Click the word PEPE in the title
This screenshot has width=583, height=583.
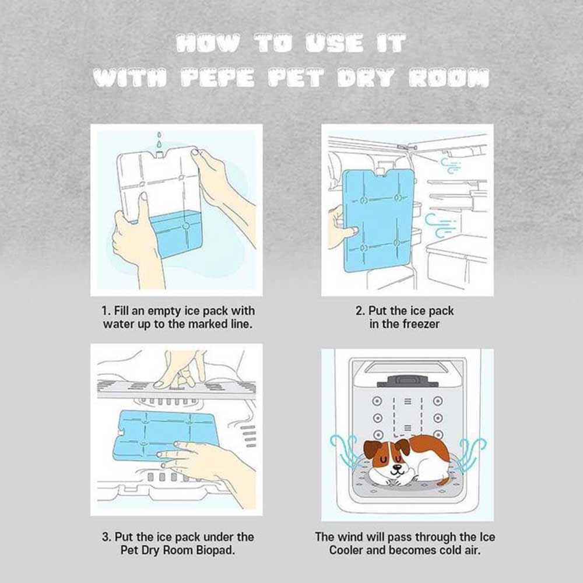click(x=218, y=78)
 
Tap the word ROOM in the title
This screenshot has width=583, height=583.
click(x=449, y=78)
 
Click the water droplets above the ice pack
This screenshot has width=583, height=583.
click(x=160, y=140)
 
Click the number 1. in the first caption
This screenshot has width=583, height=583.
click(x=106, y=311)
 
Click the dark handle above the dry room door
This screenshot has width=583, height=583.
click(x=408, y=381)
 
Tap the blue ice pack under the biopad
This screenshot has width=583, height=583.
click(x=164, y=435)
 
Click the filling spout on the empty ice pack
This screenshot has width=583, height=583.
click(x=160, y=153)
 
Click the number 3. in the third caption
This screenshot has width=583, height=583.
click(x=107, y=537)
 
